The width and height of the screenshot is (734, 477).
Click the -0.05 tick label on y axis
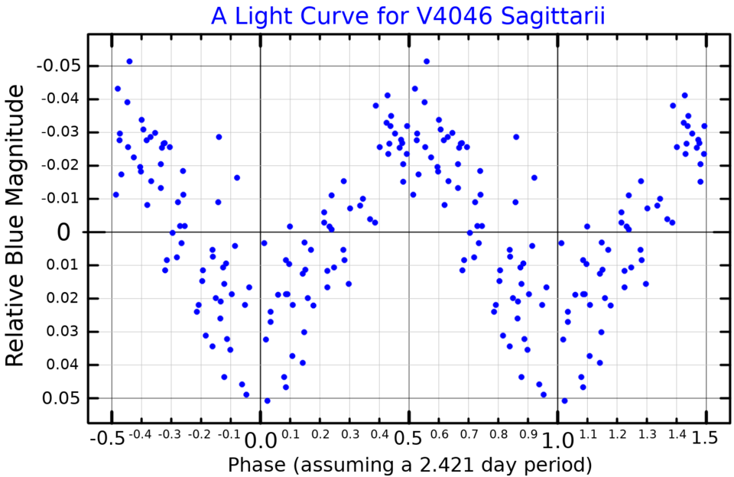click(58, 66)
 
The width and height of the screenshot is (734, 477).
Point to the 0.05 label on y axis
click(61, 398)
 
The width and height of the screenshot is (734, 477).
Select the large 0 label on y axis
click(65, 232)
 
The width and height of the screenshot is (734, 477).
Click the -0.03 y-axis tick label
click(58, 132)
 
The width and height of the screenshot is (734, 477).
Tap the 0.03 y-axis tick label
click(61, 332)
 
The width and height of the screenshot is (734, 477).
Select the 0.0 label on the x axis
click(259, 440)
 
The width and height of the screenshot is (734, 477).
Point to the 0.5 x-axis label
click(408, 440)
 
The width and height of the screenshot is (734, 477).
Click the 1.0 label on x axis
click(557, 440)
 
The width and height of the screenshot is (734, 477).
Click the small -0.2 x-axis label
click(198, 435)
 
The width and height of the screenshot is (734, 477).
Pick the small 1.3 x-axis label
click(647, 435)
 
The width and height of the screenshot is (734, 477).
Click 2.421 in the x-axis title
click(453, 464)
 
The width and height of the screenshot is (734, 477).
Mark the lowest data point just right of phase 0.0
click(267, 401)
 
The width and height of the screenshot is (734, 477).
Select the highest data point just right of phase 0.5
click(427, 61)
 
